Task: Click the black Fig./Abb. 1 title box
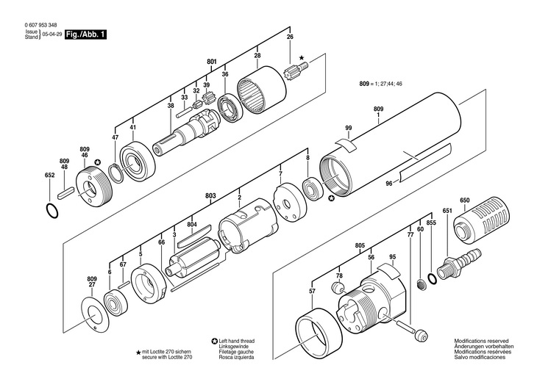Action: point(85,35)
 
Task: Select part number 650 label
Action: point(465,200)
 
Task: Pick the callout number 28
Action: point(257,55)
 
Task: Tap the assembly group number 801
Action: point(212,62)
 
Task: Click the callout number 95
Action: point(393,256)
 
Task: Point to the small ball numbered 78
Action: point(338,287)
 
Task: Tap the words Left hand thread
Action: point(237,341)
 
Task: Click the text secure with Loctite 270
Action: point(167,357)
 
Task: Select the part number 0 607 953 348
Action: point(40,25)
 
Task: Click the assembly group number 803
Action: point(210,195)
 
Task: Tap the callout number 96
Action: point(389,184)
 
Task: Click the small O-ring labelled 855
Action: point(433,278)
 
